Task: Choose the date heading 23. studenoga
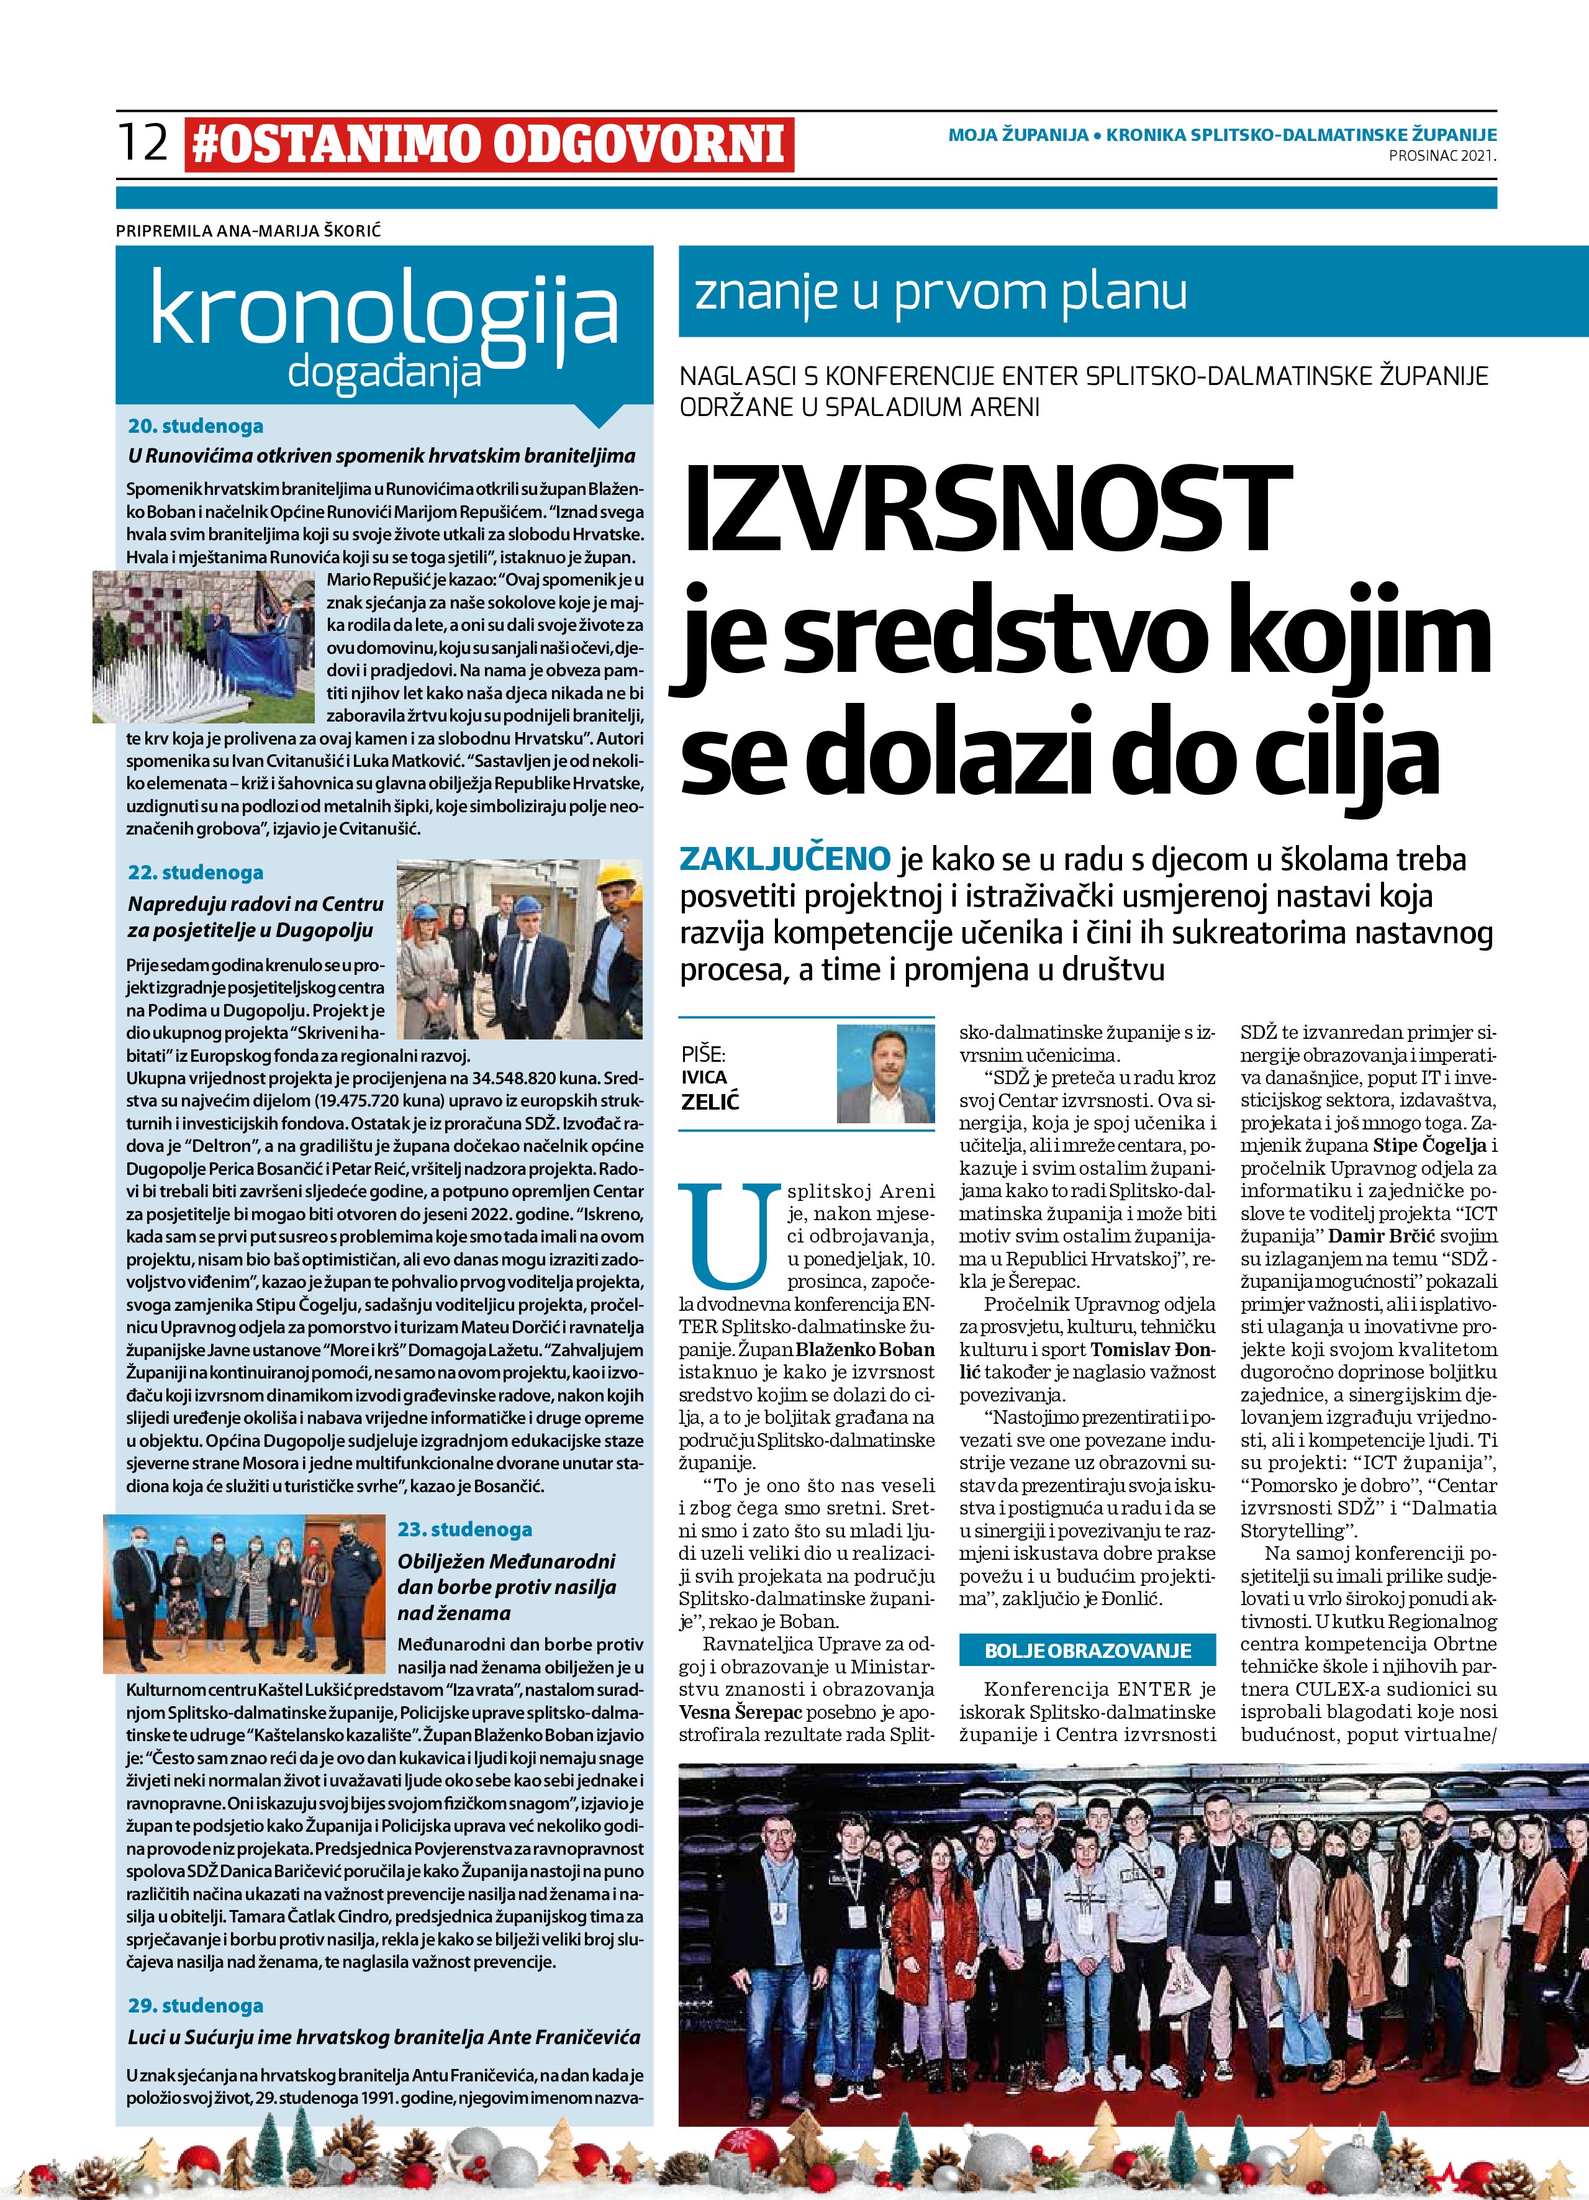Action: pyautogui.click(x=464, y=1529)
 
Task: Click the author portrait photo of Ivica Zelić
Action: pyautogui.click(x=885, y=1074)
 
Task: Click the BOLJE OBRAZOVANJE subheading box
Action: pyautogui.click(x=1087, y=1650)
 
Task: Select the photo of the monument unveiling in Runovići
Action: pyautogui.click(x=204, y=646)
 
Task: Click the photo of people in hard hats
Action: pyautogui.click(x=519, y=935)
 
